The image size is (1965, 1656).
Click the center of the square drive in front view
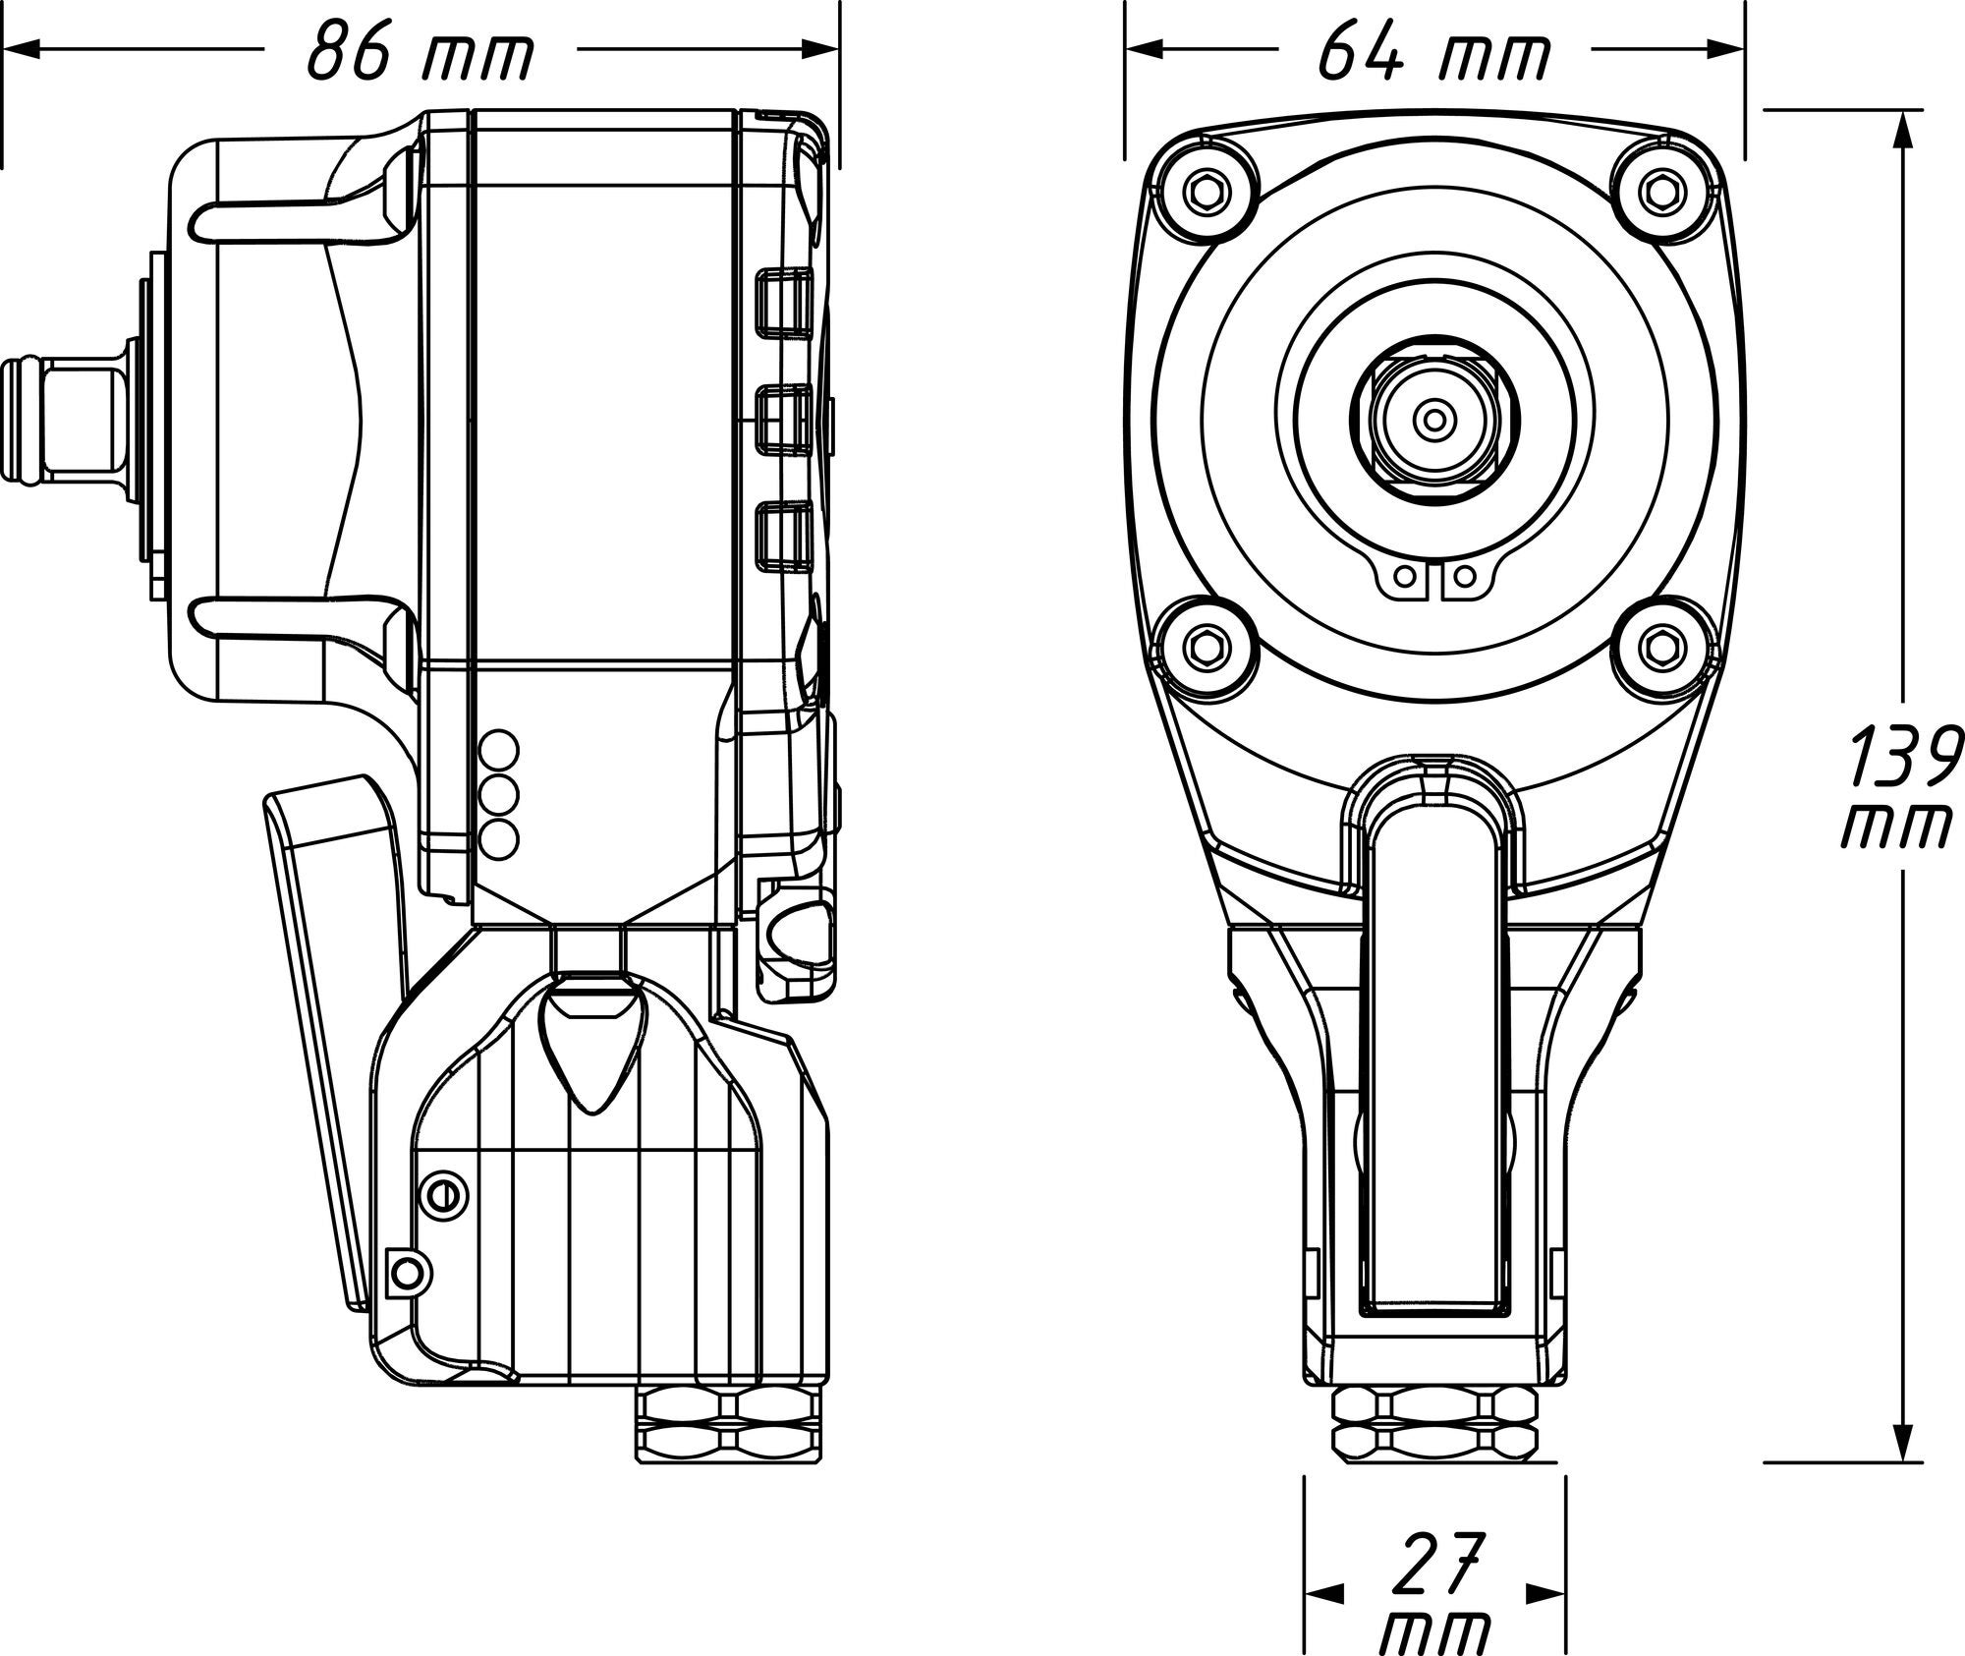point(1434,421)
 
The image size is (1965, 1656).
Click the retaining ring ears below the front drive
point(1435,582)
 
